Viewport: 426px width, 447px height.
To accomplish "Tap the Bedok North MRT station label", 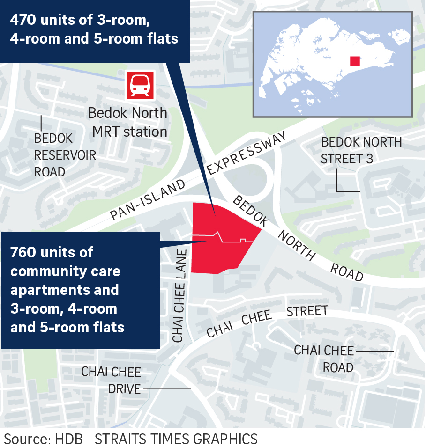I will [x=128, y=122].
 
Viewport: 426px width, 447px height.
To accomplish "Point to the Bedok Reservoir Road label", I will [x=65, y=155].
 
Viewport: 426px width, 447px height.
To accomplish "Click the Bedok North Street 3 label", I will [x=361, y=150].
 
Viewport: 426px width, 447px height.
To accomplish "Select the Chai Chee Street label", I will [x=267, y=320].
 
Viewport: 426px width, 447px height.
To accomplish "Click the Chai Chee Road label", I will [x=324, y=359].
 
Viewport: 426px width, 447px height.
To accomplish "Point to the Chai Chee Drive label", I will [x=111, y=380].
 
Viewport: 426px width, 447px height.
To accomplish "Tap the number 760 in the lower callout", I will [x=25, y=252].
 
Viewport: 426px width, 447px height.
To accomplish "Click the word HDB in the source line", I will [x=69, y=439].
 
